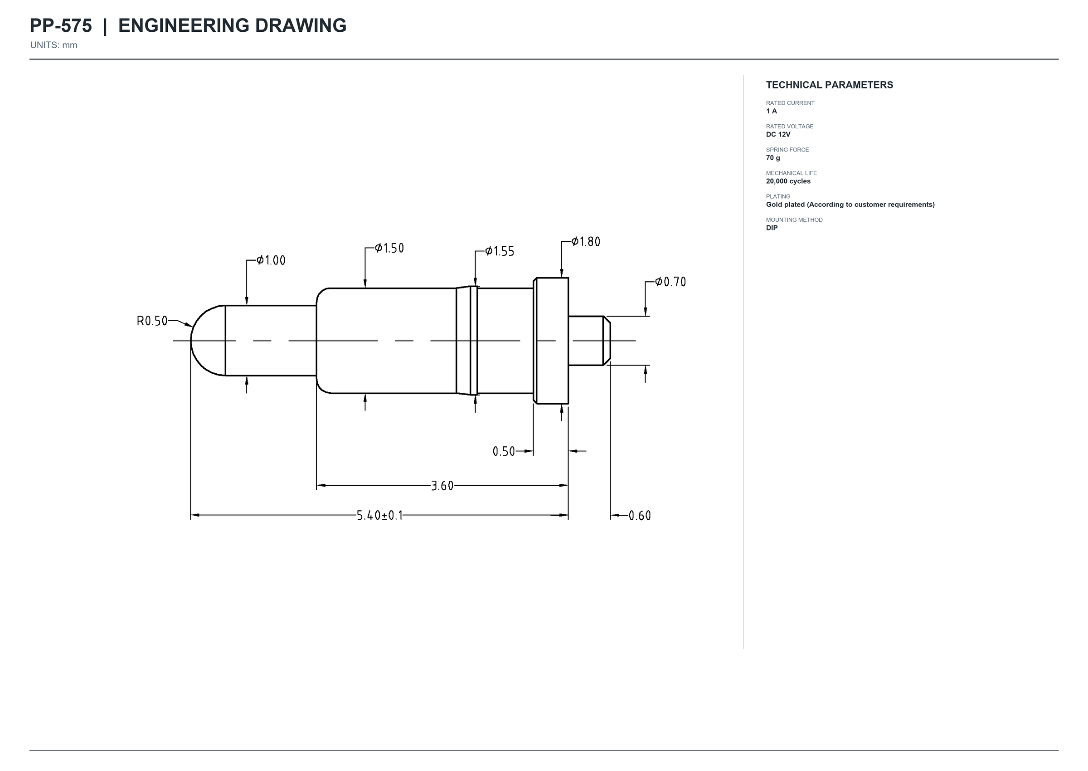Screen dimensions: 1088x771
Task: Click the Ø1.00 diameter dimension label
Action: [x=271, y=260]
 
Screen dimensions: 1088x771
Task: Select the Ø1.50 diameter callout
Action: [x=389, y=248]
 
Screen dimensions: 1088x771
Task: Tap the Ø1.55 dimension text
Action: [x=500, y=251]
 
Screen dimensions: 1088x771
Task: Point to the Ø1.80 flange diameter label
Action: [x=586, y=242]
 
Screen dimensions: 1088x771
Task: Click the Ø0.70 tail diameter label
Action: [x=670, y=282]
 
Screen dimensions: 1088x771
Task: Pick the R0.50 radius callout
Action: [x=152, y=321]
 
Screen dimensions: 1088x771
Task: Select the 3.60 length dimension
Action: [x=442, y=486]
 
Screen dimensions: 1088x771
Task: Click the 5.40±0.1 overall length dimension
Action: [x=379, y=516]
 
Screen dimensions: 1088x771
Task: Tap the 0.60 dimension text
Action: [x=640, y=516]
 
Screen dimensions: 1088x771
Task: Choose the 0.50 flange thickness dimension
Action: [x=504, y=451]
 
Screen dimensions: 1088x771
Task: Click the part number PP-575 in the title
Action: [x=61, y=26]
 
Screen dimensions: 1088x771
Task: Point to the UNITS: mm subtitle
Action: [x=53, y=45]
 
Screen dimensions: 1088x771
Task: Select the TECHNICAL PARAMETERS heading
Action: [x=830, y=85]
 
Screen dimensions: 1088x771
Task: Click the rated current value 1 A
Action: [x=772, y=111]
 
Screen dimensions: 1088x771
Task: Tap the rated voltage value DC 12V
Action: [x=778, y=134]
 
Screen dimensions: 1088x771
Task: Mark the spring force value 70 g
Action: [x=773, y=158]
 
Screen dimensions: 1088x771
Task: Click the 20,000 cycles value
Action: [x=788, y=181]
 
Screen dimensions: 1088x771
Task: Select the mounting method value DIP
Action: [x=772, y=228]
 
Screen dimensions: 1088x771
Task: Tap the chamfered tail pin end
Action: [x=607, y=341]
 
